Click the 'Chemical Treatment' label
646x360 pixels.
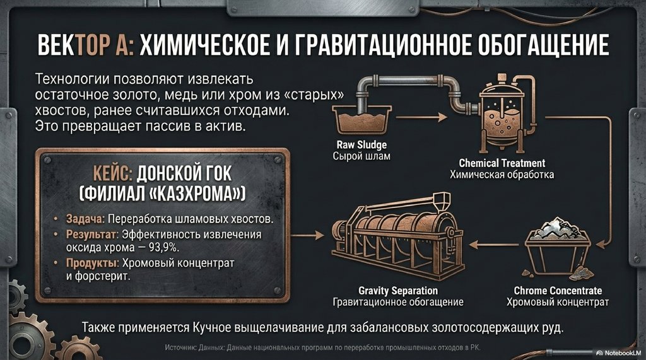(x=502, y=163)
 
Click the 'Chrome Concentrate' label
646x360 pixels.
(x=558, y=291)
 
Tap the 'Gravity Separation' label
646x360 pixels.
(x=398, y=291)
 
